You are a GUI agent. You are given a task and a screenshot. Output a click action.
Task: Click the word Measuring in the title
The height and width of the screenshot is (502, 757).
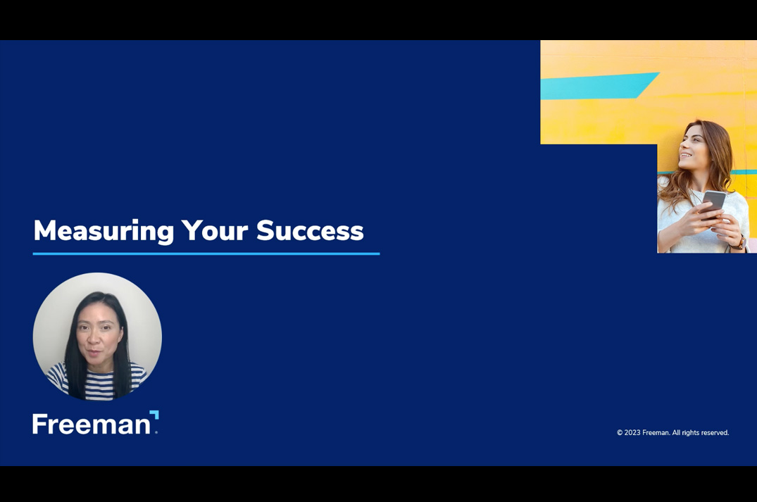click(104, 231)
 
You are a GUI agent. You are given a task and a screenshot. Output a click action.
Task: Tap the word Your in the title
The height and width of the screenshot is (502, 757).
click(215, 230)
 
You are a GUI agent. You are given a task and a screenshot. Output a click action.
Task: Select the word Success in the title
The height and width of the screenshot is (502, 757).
click(310, 230)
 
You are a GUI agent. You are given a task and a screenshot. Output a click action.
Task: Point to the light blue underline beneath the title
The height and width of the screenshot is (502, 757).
click(206, 253)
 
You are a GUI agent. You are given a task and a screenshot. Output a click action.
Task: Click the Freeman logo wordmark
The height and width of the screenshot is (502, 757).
click(92, 425)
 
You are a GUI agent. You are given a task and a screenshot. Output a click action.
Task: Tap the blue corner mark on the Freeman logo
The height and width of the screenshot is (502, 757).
click(154, 415)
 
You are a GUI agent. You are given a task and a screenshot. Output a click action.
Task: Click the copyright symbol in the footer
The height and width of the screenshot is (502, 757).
click(620, 433)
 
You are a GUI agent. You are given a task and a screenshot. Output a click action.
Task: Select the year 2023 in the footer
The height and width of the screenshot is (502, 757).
click(632, 433)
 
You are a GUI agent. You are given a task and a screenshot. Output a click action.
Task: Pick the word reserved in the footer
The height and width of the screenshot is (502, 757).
click(712, 433)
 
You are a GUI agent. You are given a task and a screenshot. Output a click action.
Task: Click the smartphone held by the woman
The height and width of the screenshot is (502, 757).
click(714, 203)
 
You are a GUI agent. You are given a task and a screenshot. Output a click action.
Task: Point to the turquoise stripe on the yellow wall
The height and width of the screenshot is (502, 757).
click(599, 86)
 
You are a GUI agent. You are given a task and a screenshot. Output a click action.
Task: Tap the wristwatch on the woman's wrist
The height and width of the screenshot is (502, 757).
click(739, 243)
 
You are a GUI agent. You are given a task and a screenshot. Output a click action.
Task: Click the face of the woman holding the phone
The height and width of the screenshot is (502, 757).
click(694, 146)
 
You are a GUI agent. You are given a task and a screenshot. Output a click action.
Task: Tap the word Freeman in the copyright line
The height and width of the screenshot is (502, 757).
click(656, 433)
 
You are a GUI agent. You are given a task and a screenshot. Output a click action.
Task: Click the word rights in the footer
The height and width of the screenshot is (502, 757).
click(687, 433)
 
